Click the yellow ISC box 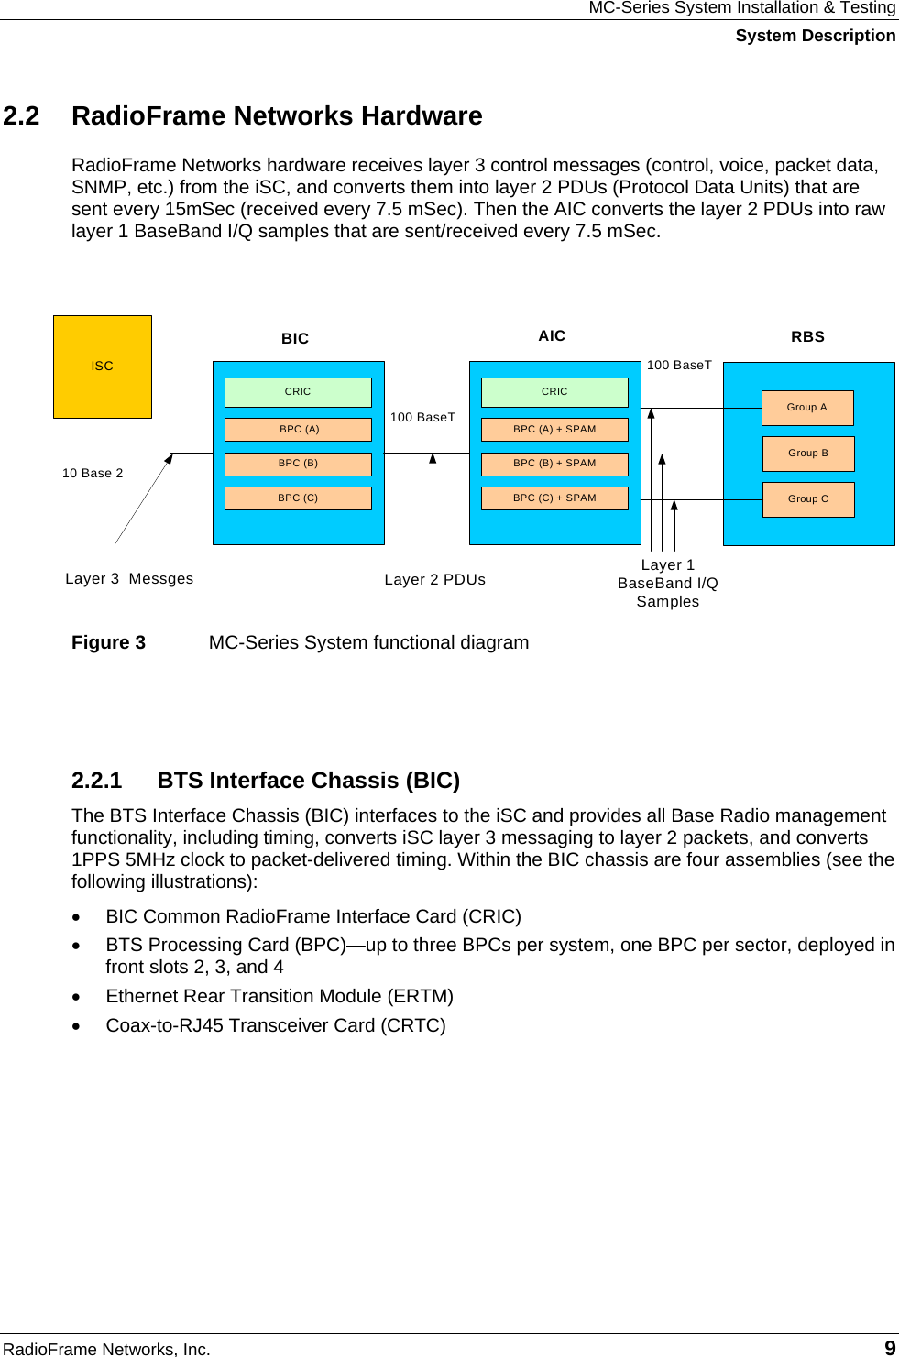(103, 367)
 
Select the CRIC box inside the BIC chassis (298, 392)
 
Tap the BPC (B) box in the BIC (298, 464)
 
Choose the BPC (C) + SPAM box (554, 498)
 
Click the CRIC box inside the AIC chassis (554, 392)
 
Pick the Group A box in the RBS (807, 408)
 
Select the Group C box (808, 499)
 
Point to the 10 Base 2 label (93, 474)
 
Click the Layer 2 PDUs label (435, 580)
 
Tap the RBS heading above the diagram (807, 337)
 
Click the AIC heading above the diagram (552, 336)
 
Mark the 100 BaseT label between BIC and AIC (422, 418)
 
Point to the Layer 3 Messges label (129, 579)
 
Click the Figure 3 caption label (108, 643)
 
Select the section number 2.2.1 (96, 781)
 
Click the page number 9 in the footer (889, 1348)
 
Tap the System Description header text (815, 36)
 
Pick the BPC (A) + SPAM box (554, 430)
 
